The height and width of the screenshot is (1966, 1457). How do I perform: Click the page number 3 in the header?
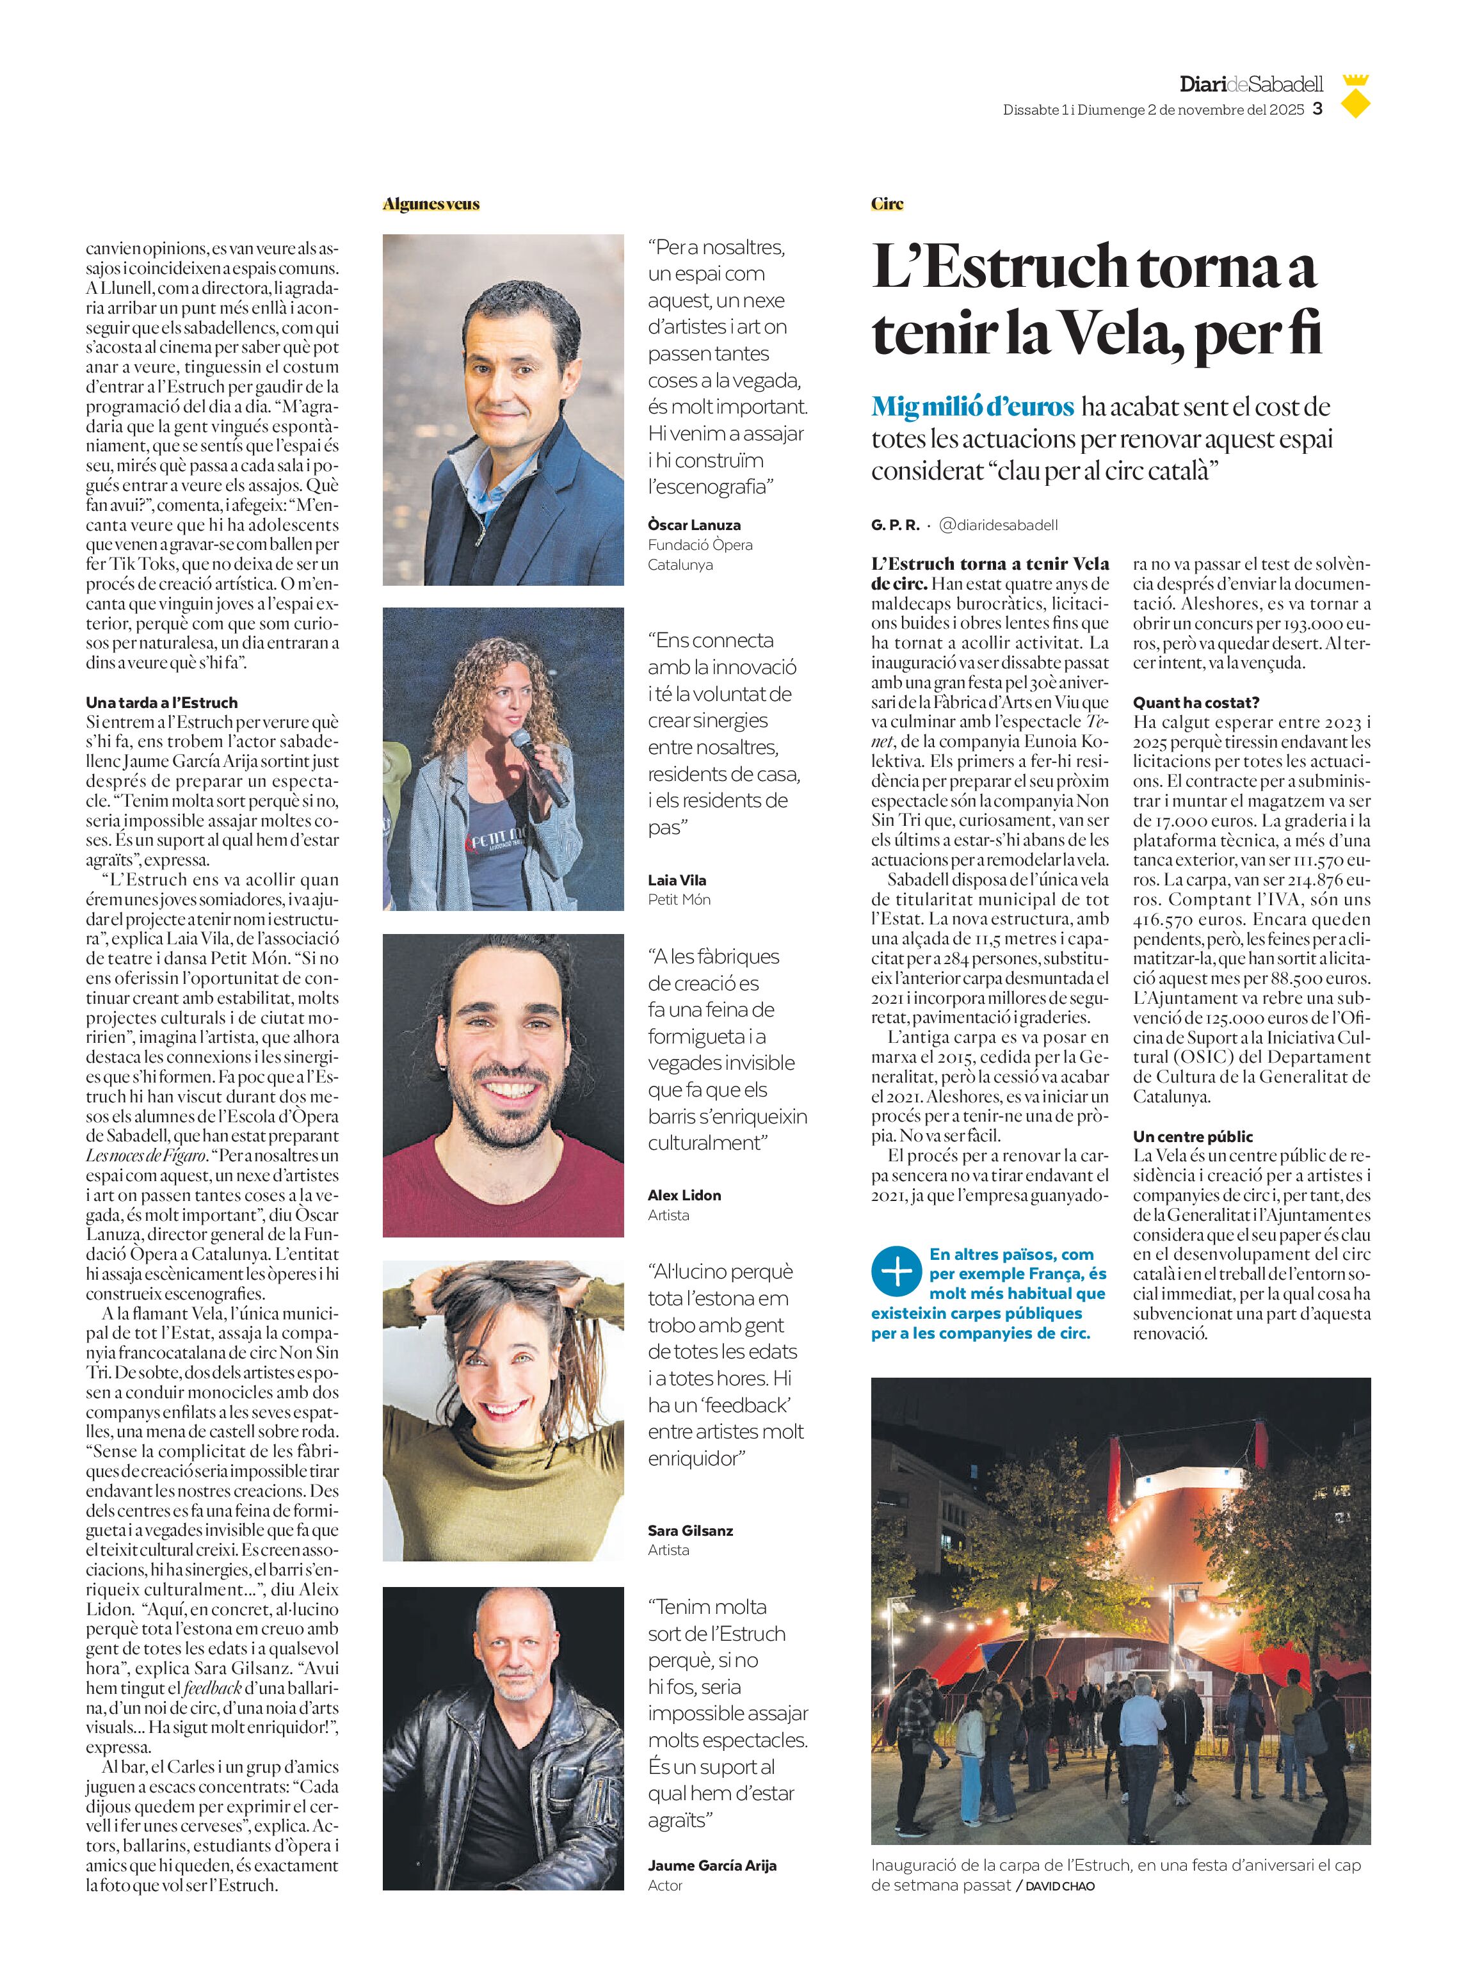1317,109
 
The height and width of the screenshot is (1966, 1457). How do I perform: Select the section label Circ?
887,204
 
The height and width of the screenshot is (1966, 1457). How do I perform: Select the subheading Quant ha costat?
1195,702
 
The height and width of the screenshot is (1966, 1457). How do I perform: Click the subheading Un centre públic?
1193,1136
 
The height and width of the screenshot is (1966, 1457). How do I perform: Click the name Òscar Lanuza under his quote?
693,525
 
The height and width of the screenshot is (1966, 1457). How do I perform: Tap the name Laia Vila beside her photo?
677,880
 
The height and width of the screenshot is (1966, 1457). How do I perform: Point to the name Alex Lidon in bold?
684,1195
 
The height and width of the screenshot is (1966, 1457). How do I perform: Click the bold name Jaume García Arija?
712,1865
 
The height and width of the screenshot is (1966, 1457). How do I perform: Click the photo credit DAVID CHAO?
1059,1886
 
